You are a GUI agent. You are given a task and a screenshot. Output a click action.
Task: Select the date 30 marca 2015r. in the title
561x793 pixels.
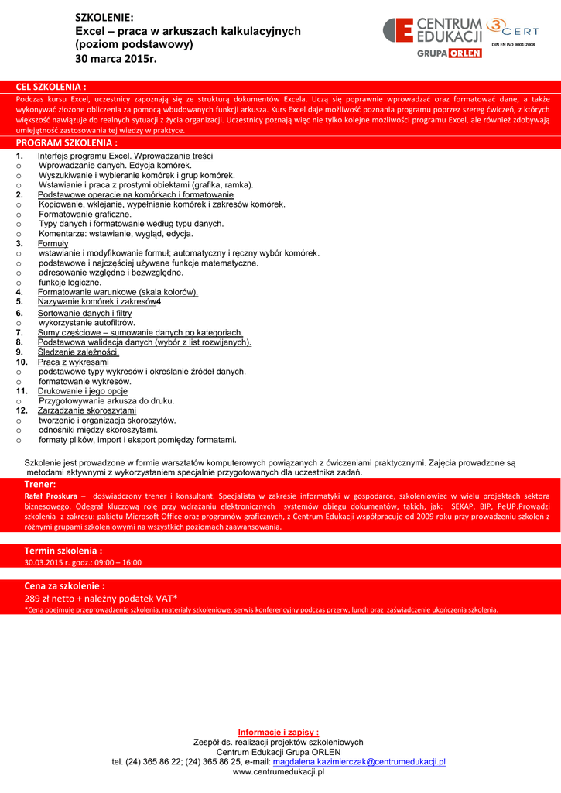coord(115,58)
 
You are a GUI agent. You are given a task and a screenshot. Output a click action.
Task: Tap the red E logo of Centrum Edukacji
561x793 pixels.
coord(399,31)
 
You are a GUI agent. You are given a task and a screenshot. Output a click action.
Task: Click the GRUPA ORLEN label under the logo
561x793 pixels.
coord(450,53)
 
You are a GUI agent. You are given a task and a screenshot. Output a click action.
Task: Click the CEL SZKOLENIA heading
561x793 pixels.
coord(51,87)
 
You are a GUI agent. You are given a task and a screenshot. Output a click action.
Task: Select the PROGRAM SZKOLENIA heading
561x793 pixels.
coord(67,143)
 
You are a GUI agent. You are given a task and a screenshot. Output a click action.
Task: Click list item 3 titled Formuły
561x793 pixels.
coord(53,244)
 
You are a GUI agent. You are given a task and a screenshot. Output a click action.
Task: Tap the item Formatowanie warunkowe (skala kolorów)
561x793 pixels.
coord(118,292)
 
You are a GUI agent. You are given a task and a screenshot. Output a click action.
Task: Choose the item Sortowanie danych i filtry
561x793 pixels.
coord(84,313)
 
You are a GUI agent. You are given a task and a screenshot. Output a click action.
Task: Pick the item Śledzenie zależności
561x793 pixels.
coord(78,352)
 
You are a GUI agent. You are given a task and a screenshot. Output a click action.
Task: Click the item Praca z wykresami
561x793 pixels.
coord(73,362)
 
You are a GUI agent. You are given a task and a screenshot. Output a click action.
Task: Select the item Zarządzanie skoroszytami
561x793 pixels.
coord(81,410)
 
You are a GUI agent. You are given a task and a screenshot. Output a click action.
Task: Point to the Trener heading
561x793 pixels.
coord(40,484)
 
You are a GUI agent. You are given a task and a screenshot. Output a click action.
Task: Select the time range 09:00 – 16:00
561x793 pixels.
coord(116,563)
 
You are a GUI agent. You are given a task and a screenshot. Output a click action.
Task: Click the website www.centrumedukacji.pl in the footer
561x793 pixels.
coord(279,772)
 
